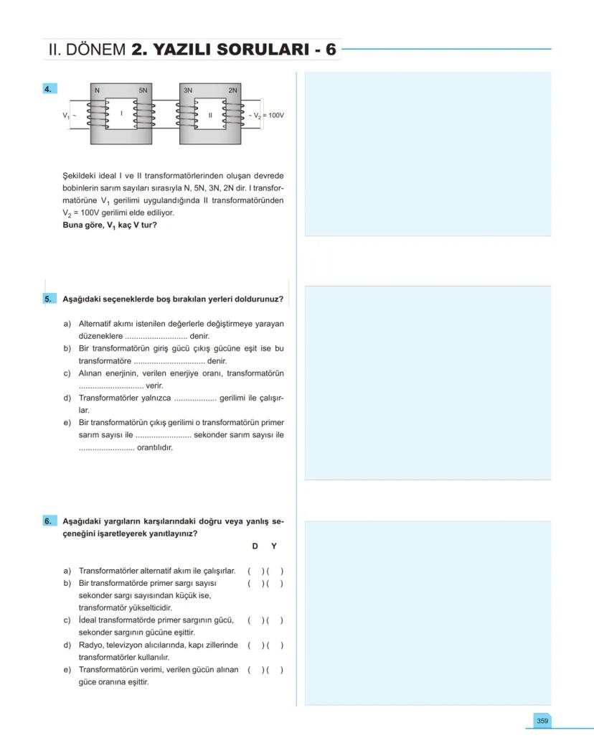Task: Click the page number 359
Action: point(542,720)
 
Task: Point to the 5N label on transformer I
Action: point(143,90)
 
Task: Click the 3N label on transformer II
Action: point(188,90)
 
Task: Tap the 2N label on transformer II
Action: point(233,90)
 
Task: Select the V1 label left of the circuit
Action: point(65,115)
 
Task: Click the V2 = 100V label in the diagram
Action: point(268,115)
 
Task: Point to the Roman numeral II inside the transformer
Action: point(210,115)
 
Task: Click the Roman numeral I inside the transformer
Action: point(121,113)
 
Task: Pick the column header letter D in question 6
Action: point(255,546)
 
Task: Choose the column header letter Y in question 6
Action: point(273,546)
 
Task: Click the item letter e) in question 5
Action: point(67,423)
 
